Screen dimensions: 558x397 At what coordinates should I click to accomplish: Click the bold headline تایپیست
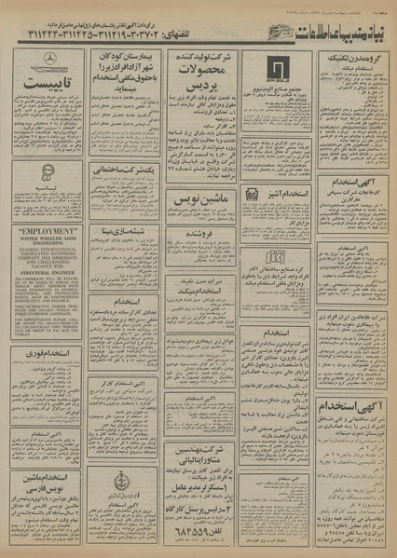[44, 91]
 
